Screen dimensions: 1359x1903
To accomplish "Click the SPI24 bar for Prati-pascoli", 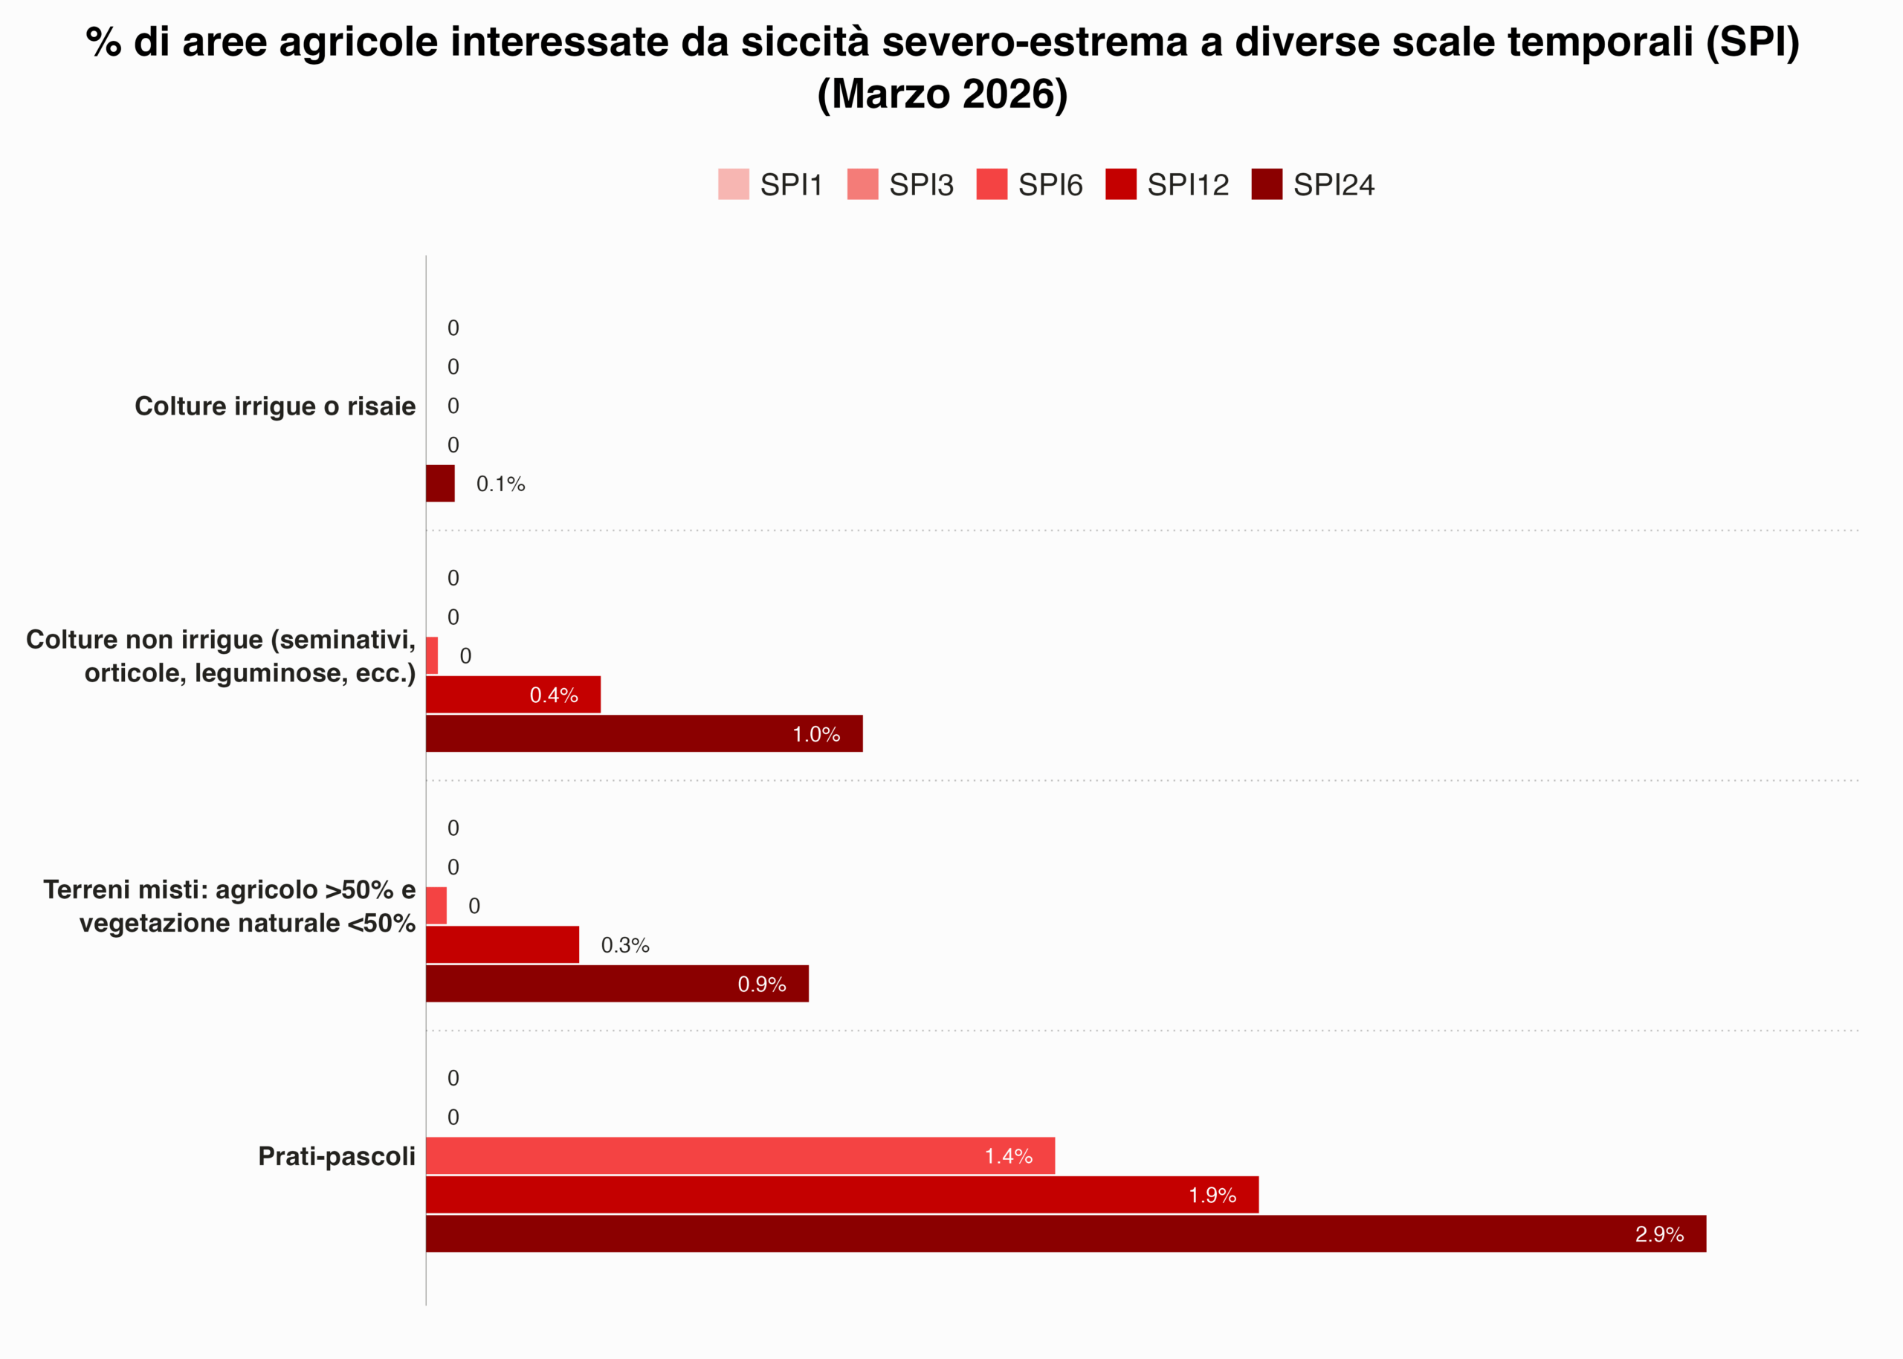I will pos(1065,1233).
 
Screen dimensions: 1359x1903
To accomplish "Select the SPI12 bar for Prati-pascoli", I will pos(841,1194).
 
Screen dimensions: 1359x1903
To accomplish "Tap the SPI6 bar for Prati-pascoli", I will pos(740,1155).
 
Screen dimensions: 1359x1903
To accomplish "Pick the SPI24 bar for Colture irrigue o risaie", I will pos(440,484).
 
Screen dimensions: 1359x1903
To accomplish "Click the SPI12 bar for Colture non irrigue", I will pos(512,695).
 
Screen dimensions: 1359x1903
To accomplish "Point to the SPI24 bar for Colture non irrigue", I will pos(644,734).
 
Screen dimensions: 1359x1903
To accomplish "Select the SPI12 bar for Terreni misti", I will pos(503,945).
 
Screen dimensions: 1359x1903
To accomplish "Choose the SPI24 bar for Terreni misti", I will pos(617,983).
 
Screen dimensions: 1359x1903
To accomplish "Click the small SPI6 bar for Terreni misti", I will pos(436,906).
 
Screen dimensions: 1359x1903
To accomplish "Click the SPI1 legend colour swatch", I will pos(734,184).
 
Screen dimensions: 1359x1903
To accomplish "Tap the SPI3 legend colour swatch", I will pos(862,184).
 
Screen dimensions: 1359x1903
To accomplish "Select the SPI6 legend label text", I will pos(1050,185).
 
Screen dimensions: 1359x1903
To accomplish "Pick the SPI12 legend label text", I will pos(1187,185).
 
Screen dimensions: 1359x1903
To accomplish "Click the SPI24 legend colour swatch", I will pos(1266,184).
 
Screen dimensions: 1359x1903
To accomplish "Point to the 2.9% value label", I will pos(1658,1234).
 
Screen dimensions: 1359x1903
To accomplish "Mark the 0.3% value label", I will pos(624,945).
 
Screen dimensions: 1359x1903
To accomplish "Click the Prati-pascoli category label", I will pos(337,1155).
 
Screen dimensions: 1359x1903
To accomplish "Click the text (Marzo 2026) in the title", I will pos(942,94).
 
